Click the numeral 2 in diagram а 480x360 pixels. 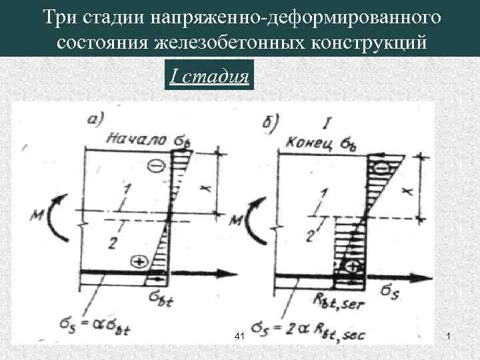pyautogui.click(x=111, y=243)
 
